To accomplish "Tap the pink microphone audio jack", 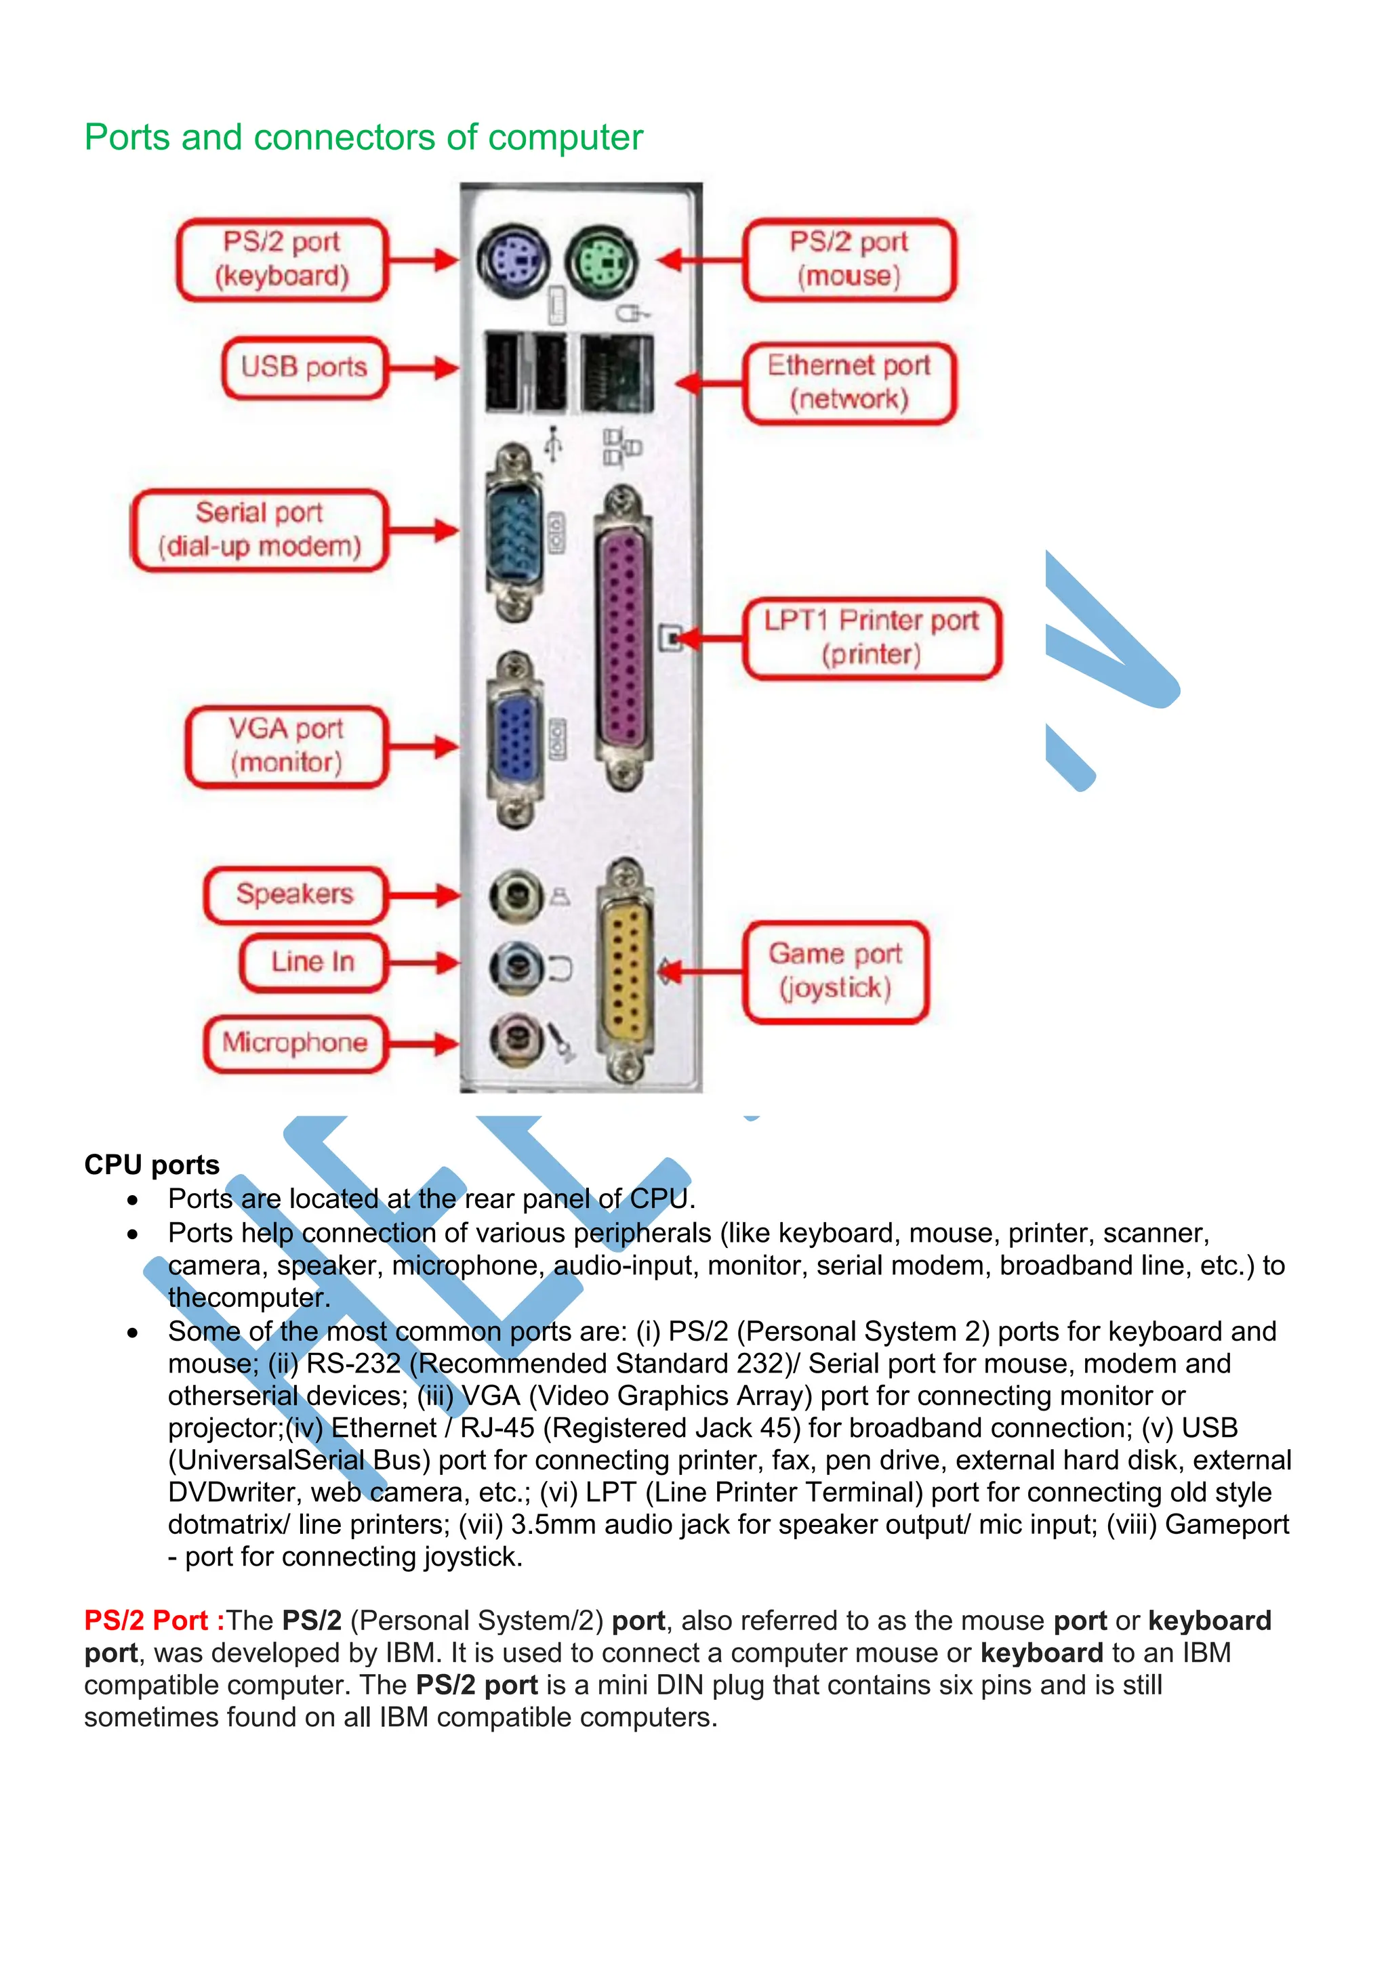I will coord(514,1040).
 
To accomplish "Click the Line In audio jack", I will coord(514,967).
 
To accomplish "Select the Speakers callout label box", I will coord(295,895).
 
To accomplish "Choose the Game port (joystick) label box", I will coord(835,972).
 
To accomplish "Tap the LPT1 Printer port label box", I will coord(871,638).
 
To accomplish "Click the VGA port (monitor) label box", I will coord(286,746).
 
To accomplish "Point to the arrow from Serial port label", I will coord(423,530).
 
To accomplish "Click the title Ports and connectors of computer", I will coord(363,138).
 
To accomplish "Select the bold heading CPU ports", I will coord(151,1165).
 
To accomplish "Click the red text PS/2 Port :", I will coord(154,1621).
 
